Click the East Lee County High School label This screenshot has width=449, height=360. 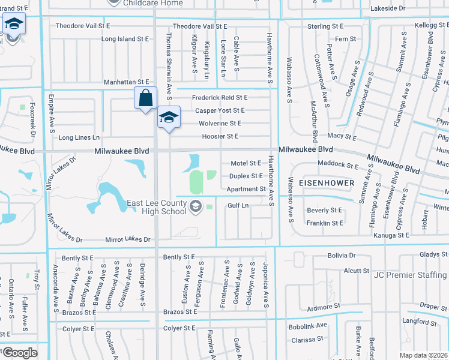[154, 208]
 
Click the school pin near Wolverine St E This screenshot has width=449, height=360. [169, 117]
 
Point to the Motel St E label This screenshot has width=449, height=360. [246, 163]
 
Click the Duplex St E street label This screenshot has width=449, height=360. [246, 176]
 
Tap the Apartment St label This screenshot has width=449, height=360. [246, 189]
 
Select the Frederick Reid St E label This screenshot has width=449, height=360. [219, 98]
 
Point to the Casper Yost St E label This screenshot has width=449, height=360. [220, 110]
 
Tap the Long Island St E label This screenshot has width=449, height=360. [125, 39]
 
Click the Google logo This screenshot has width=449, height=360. [20, 353]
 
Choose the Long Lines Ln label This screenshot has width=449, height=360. [79, 138]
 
